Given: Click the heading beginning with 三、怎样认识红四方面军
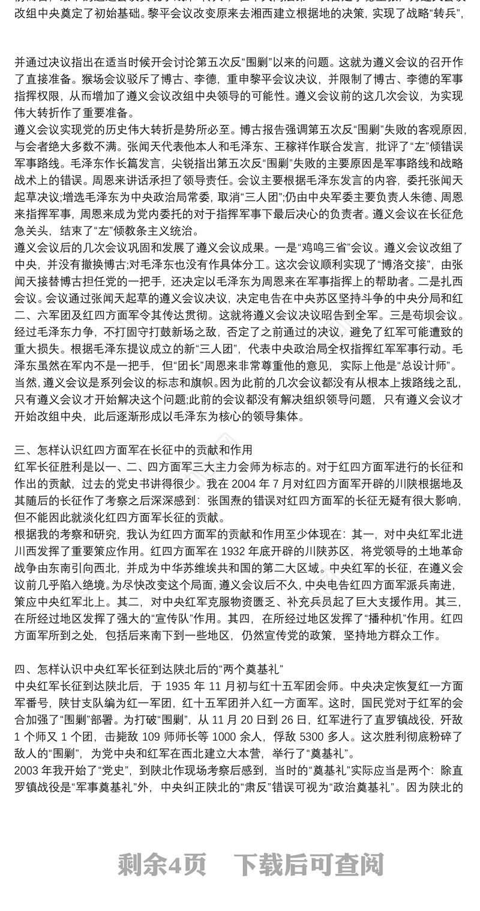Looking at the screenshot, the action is [x=133, y=450].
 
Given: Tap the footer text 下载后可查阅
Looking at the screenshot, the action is [x=308, y=865].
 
